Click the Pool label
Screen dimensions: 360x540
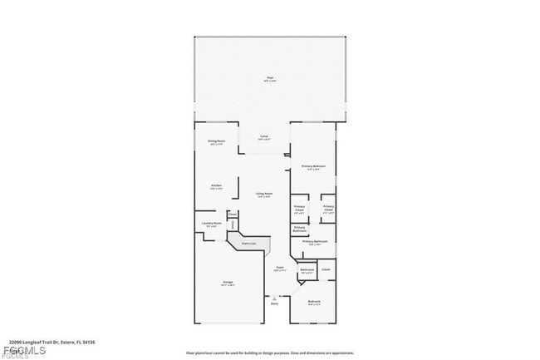[x=269, y=78]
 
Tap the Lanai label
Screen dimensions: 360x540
[x=264, y=135]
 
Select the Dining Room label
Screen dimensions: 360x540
[x=216, y=141]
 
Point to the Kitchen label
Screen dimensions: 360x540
[x=216, y=185]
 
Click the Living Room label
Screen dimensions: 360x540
[x=265, y=193]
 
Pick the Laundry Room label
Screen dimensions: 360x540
[x=212, y=223]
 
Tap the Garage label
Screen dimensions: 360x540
[x=227, y=282]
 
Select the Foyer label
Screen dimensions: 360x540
[x=279, y=267]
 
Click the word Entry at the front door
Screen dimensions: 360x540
[x=274, y=303]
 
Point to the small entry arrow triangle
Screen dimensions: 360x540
[x=274, y=297]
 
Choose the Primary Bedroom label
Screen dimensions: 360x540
[x=313, y=166]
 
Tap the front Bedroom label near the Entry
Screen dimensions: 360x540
[x=313, y=300]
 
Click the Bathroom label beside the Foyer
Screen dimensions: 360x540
[x=307, y=269]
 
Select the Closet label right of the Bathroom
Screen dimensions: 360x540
[x=326, y=269]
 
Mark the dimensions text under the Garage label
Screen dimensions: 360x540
[x=227, y=286]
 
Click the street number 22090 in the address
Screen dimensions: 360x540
[x=16, y=341]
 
